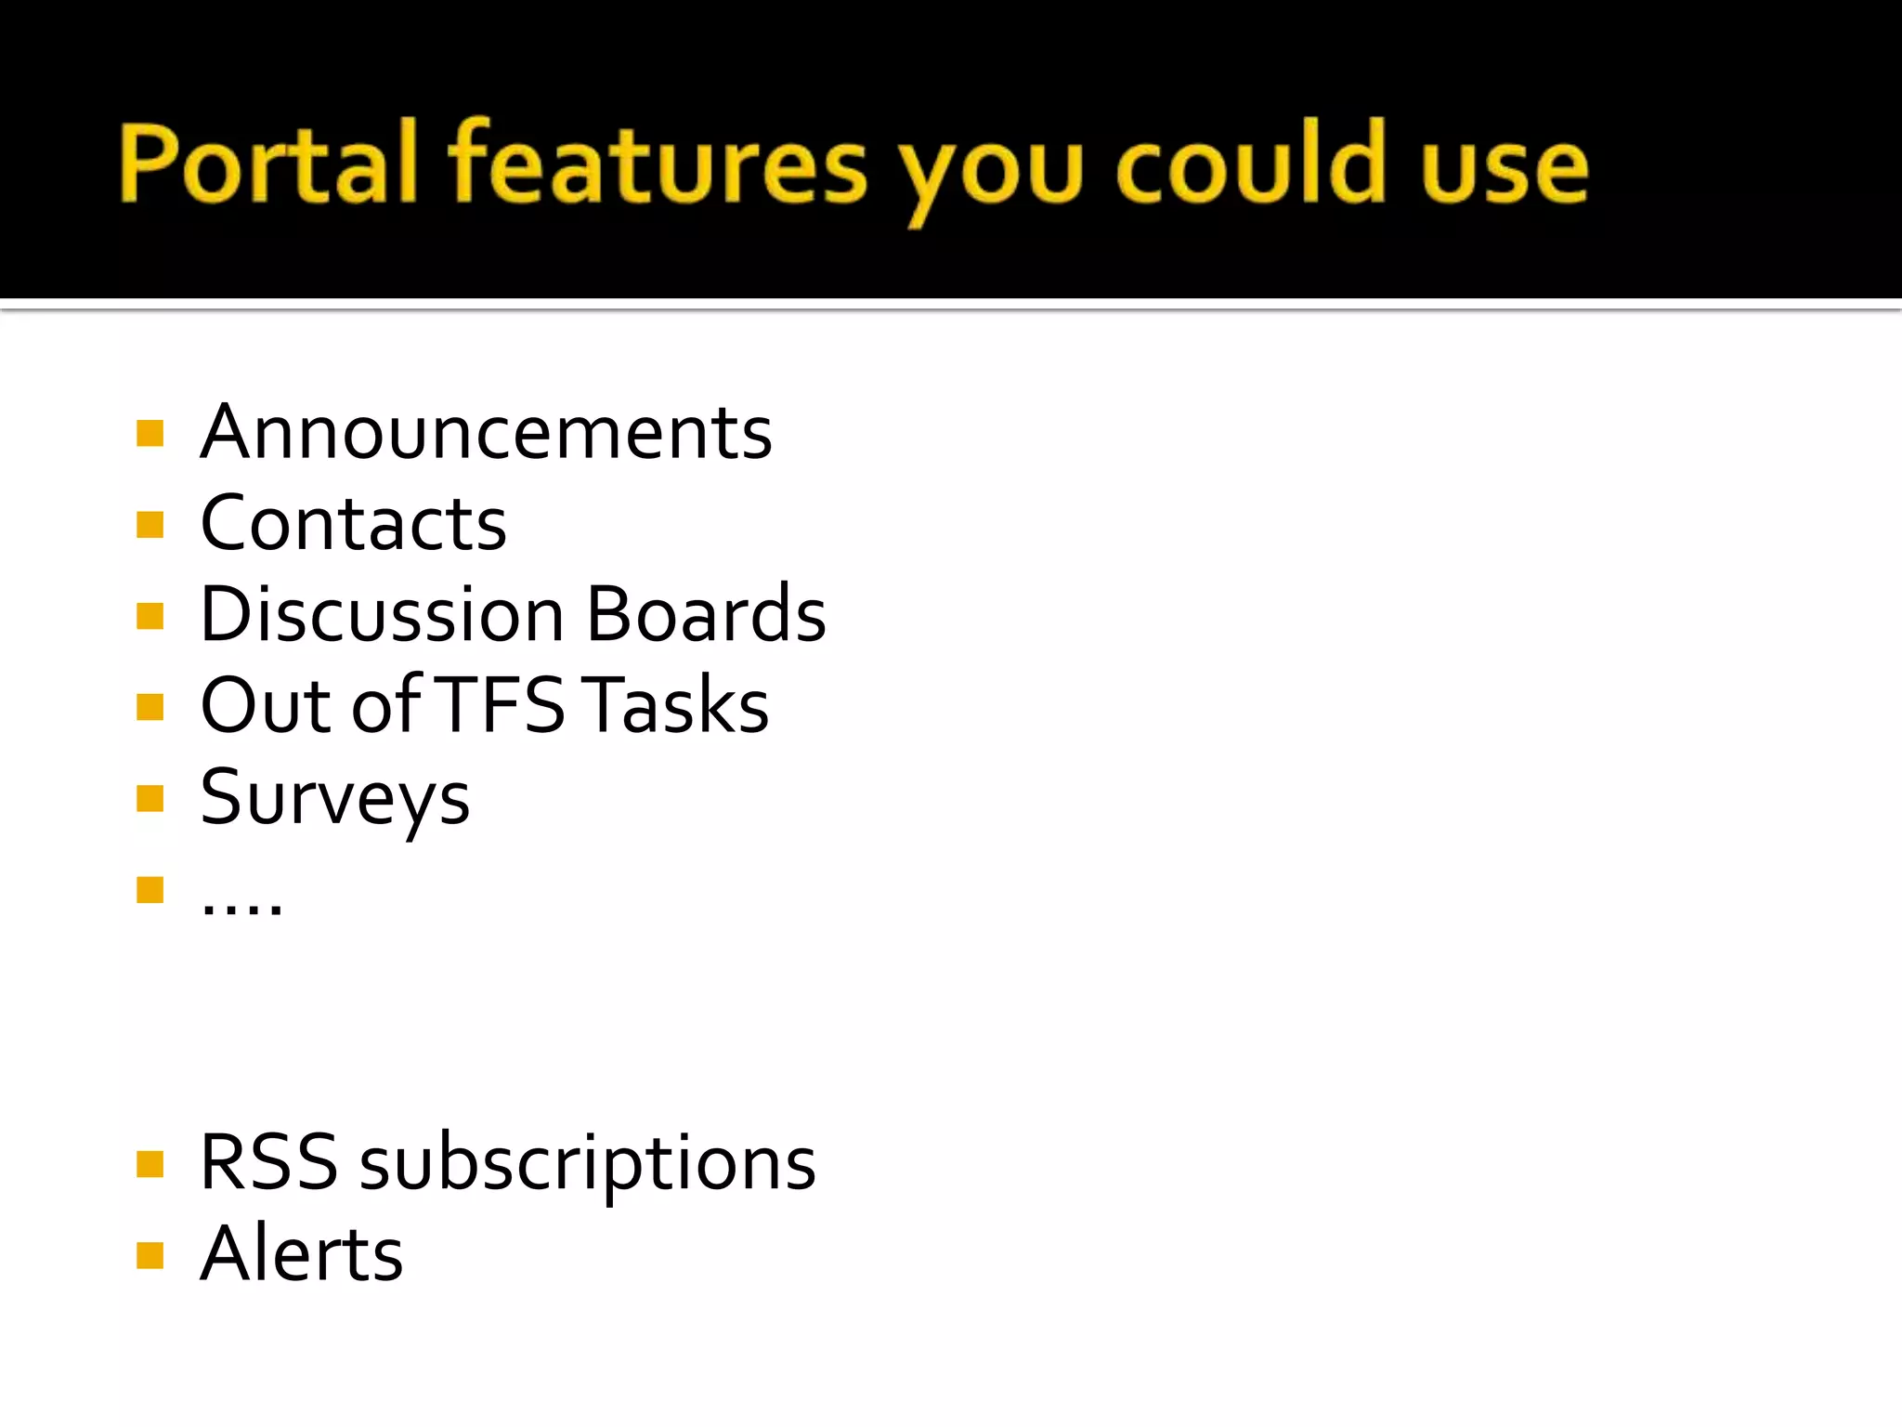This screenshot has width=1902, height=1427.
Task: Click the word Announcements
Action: pos(486,433)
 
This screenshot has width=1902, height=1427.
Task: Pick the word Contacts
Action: pos(353,524)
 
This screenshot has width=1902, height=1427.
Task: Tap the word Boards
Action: pos(706,615)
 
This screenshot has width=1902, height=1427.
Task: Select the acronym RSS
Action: pos(268,1163)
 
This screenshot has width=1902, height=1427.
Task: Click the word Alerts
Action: pos(302,1254)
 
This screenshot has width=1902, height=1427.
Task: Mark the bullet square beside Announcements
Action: pos(150,434)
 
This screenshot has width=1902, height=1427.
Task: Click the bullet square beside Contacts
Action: pos(150,525)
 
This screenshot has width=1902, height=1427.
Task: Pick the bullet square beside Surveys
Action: pos(150,798)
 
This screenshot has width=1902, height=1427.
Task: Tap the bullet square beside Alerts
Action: pos(150,1255)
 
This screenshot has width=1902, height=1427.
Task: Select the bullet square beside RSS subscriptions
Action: pos(150,1164)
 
